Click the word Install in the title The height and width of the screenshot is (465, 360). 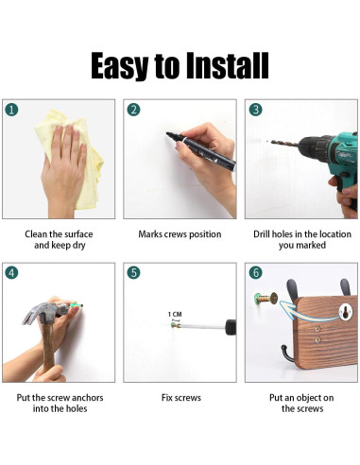227,65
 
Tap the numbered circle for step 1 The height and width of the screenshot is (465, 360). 11,110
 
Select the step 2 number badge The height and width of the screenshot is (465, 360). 133,110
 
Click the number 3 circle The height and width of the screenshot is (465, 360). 255,110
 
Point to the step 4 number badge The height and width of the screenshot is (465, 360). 11,273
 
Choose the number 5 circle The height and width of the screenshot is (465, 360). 133,272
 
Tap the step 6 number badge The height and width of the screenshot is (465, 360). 255,272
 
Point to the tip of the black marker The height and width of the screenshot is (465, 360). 167,134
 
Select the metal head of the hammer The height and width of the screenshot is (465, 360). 45,312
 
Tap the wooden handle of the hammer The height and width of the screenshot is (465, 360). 48,347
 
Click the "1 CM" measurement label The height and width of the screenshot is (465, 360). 175,314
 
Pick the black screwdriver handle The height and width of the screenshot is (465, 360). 231,327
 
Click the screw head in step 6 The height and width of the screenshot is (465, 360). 274,298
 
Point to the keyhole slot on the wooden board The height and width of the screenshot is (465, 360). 346,313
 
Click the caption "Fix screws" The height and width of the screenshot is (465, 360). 181,398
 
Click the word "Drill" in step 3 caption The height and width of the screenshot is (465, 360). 262,234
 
